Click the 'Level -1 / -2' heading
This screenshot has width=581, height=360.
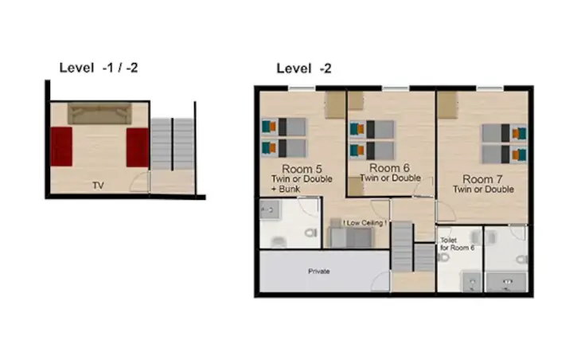[99, 68]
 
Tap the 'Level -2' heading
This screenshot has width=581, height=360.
[304, 68]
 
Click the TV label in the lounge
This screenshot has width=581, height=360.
[98, 186]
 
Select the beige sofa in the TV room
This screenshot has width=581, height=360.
[99, 113]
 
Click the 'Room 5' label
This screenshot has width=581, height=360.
[302, 169]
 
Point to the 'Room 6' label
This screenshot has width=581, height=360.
[389, 168]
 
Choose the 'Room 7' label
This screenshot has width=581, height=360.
[482, 179]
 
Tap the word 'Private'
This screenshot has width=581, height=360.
[319, 272]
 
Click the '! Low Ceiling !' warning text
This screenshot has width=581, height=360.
[365, 223]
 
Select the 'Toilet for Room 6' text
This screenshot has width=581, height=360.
[458, 244]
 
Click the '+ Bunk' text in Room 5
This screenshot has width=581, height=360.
[285, 189]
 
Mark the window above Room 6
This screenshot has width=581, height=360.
[396, 88]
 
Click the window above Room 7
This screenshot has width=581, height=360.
[489, 88]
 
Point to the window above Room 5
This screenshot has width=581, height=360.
[302, 88]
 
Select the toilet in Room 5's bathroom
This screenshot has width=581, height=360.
[311, 233]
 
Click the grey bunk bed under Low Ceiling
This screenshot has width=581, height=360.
[351, 237]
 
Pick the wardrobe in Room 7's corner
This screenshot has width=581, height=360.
[447, 105]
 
